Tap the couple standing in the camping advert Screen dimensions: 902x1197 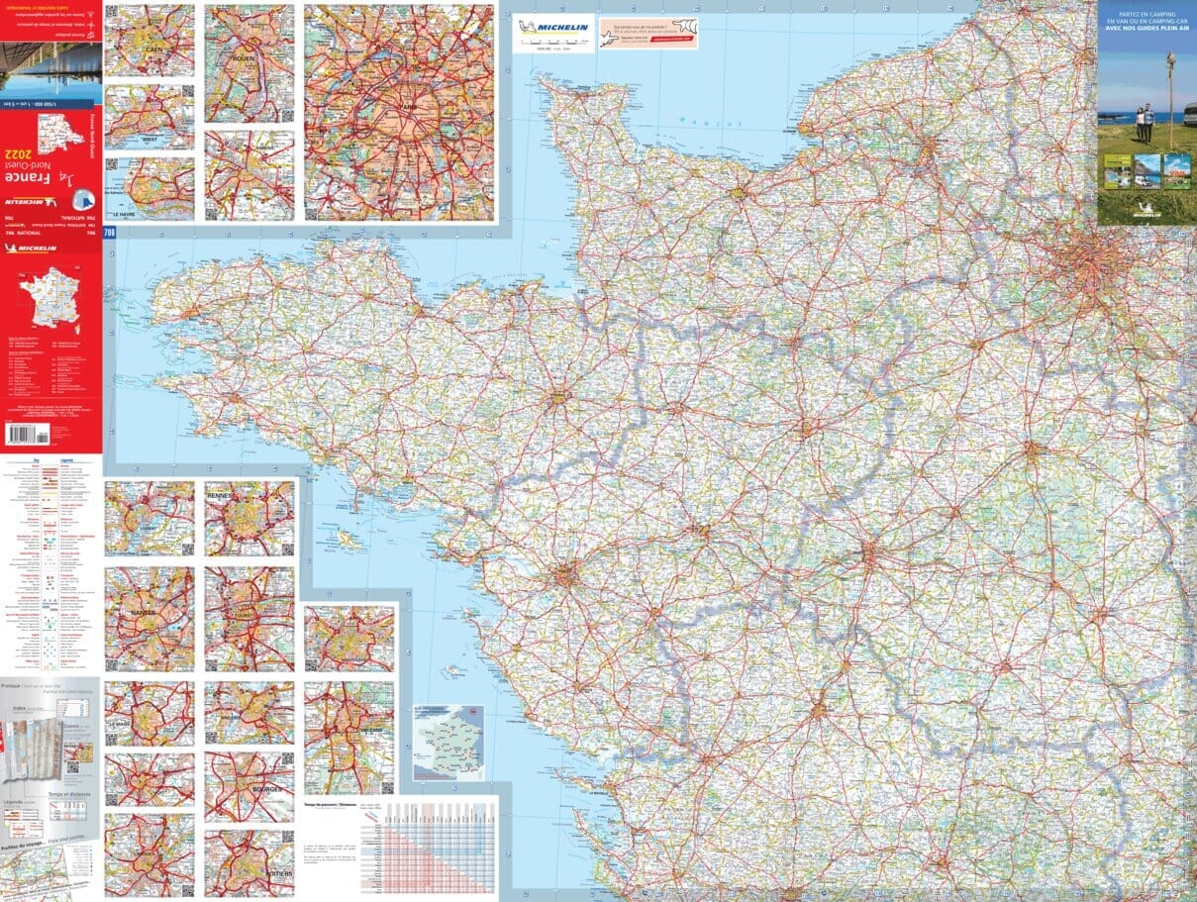tap(1144, 122)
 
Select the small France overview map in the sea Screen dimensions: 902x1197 tap(449, 743)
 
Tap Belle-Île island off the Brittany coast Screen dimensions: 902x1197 tap(348, 541)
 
